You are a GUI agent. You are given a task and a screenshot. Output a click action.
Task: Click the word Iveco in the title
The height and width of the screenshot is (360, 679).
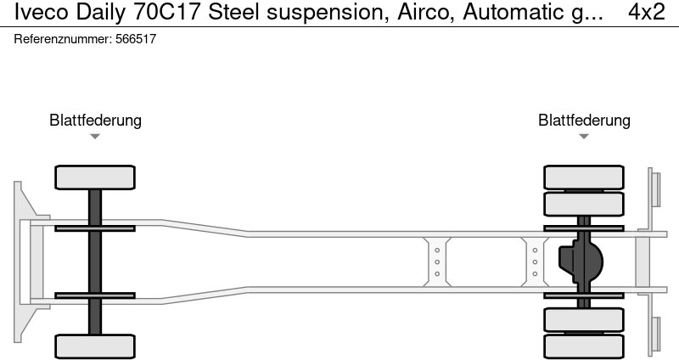[x=41, y=12]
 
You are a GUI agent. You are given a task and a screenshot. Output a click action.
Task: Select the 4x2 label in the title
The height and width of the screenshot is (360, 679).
[x=647, y=12]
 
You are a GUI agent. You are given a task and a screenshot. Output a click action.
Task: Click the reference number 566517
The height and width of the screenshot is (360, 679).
[x=136, y=39]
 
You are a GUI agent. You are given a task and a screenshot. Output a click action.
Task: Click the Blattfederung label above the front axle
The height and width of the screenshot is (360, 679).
[x=95, y=121]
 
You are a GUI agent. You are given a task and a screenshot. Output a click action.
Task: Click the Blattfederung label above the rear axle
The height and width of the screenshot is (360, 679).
[x=584, y=121]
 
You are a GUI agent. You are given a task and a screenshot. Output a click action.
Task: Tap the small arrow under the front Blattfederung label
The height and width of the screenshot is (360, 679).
[x=95, y=137]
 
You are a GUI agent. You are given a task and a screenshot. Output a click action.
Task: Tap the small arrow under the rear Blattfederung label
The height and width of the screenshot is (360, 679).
[x=584, y=137]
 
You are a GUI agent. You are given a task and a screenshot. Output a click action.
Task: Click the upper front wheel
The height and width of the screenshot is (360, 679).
[x=95, y=177]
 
